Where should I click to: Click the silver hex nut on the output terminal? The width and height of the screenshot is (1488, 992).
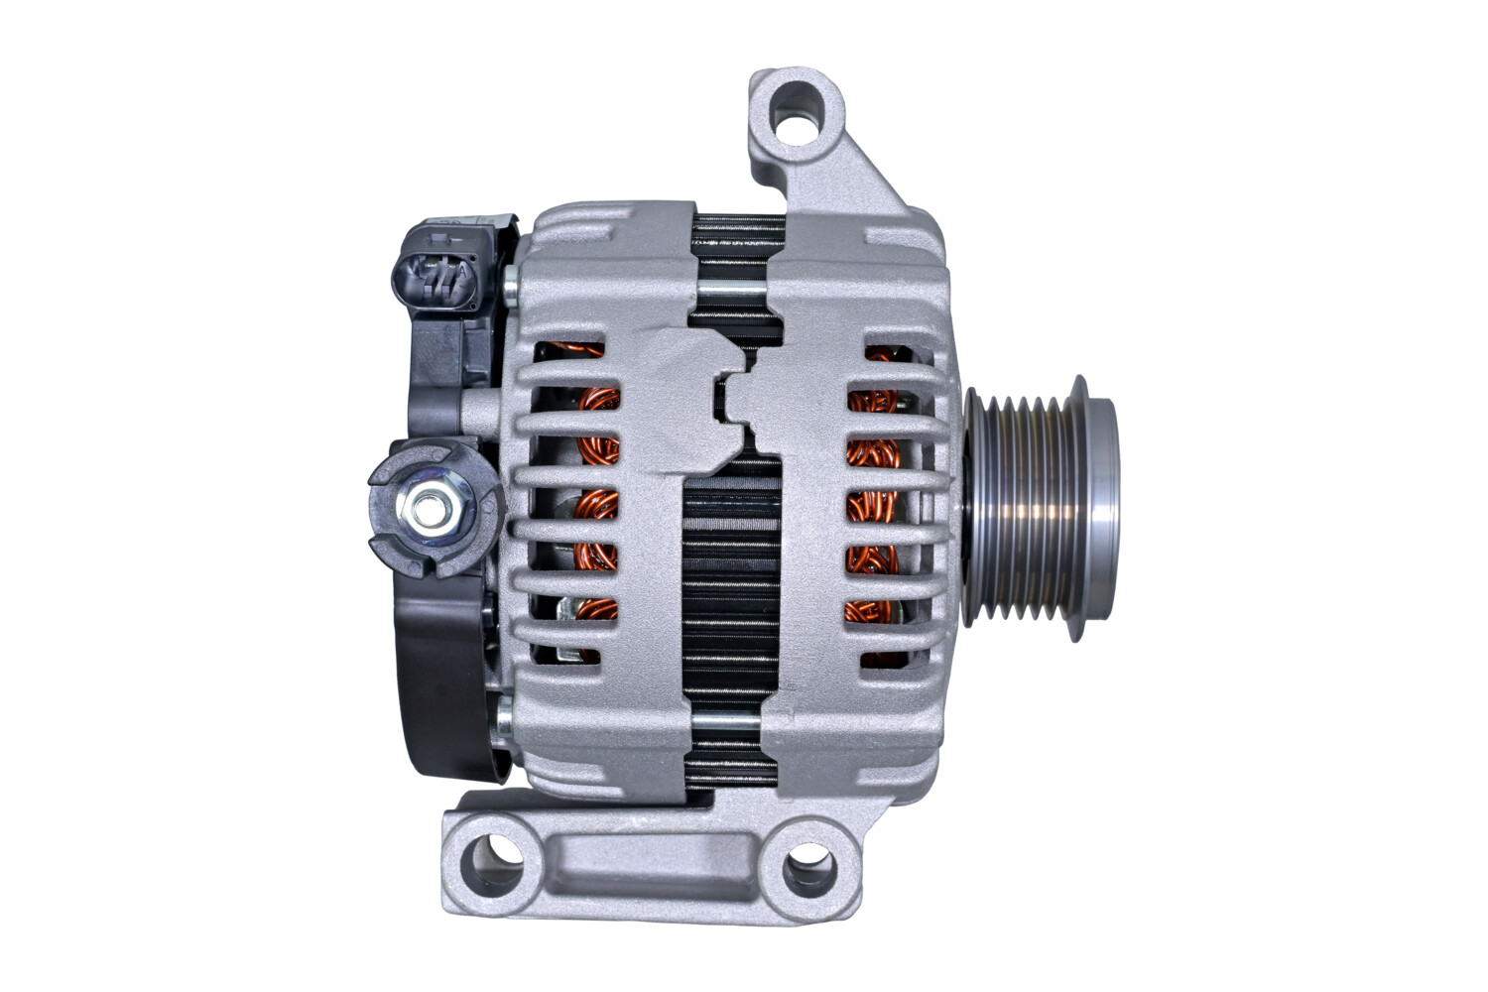[x=429, y=511]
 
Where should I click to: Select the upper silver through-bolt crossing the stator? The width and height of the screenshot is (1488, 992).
[x=731, y=289]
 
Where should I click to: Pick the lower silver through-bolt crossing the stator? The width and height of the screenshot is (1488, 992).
[x=731, y=722]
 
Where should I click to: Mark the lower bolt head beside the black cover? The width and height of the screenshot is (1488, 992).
[x=504, y=712]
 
